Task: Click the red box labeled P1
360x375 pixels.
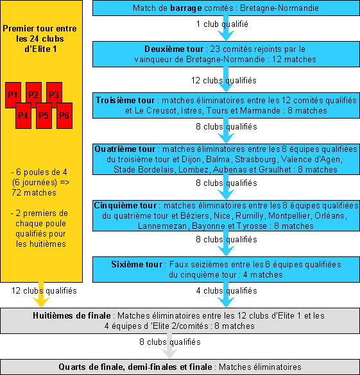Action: tap(13, 95)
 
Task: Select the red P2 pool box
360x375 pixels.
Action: tap(33, 95)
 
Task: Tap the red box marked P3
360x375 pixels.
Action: tap(54, 95)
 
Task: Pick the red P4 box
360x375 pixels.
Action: tap(23, 116)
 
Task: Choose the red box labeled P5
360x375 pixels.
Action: tap(44, 116)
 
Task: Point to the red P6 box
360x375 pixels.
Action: tap(64, 116)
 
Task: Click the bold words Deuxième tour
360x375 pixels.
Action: tap(174, 49)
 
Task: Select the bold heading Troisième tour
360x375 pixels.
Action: tap(125, 100)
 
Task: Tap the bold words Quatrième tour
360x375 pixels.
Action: tap(125, 149)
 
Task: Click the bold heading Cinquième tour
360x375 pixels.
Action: tap(125, 205)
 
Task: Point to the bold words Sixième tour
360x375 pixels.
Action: tap(137, 264)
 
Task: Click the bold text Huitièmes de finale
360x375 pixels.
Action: tap(72, 315)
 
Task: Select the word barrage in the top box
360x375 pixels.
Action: tap(186, 8)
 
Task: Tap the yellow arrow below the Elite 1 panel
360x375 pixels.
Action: tap(41, 295)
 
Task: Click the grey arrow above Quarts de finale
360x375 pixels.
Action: tap(169, 346)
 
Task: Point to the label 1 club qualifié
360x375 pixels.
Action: tap(222, 24)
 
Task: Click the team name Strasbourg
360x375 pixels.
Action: tap(255, 159)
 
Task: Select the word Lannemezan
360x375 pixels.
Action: tap(162, 226)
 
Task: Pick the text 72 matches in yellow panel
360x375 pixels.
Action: tap(34, 193)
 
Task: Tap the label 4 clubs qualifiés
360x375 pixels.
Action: tap(227, 291)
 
